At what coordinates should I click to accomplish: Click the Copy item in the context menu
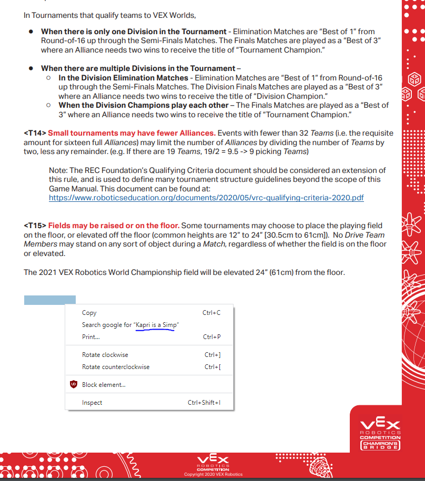tap(89, 313)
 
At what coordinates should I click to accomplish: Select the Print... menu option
tap(91, 337)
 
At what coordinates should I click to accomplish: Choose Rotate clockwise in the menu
tap(105, 355)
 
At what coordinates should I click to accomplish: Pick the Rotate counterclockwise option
tap(116, 367)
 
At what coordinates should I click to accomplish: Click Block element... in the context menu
tap(104, 385)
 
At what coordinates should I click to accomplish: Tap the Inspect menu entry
tap(92, 403)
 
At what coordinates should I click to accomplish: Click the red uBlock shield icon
tap(74, 385)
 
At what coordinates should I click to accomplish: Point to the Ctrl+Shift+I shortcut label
tap(204, 403)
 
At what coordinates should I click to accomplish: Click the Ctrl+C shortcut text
tap(211, 313)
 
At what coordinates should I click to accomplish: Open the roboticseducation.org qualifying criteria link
tap(206, 198)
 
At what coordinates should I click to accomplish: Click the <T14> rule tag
tap(35, 133)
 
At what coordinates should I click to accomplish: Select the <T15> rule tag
tap(35, 226)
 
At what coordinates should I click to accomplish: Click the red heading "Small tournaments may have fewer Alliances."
tap(131, 133)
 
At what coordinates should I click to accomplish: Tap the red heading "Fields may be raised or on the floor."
tap(114, 226)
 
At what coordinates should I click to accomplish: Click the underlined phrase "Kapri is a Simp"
tap(156, 325)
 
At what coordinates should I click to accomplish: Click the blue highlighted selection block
tap(49, 300)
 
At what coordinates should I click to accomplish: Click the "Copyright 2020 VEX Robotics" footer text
tap(213, 474)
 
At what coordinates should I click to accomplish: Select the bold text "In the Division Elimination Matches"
tap(123, 78)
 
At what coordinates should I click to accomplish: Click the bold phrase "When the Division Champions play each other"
tap(143, 105)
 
